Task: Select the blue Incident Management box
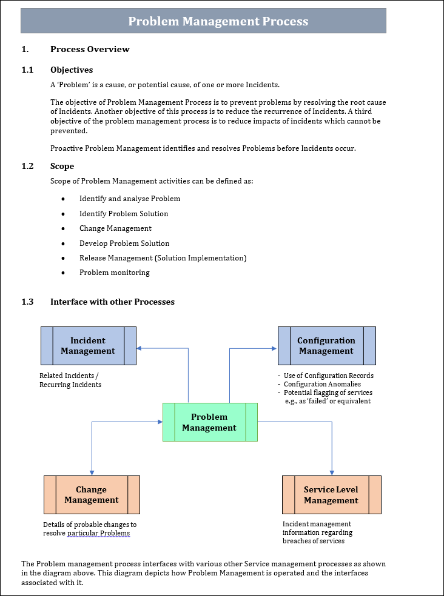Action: coord(88,346)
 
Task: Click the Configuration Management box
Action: coord(326,346)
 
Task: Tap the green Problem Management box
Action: coord(210,422)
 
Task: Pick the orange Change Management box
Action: coord(92,495)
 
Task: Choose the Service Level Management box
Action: coord(331,495)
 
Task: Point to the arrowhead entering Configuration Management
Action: coord(274,348)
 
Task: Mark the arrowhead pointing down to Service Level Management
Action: coord(332,472)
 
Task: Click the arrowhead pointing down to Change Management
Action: coord(92,472)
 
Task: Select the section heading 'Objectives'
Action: coord(72,70)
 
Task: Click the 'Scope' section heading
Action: coord(62,166)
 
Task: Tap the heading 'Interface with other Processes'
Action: coord(112,302)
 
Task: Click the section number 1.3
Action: coord(27,302)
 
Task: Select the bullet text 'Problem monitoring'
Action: coord(114,273)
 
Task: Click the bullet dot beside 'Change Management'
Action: coord(64,229)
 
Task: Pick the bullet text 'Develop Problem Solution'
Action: coord(124,243)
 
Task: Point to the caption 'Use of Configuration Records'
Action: coord(328,376)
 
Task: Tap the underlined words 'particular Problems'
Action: coord(98,533)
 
